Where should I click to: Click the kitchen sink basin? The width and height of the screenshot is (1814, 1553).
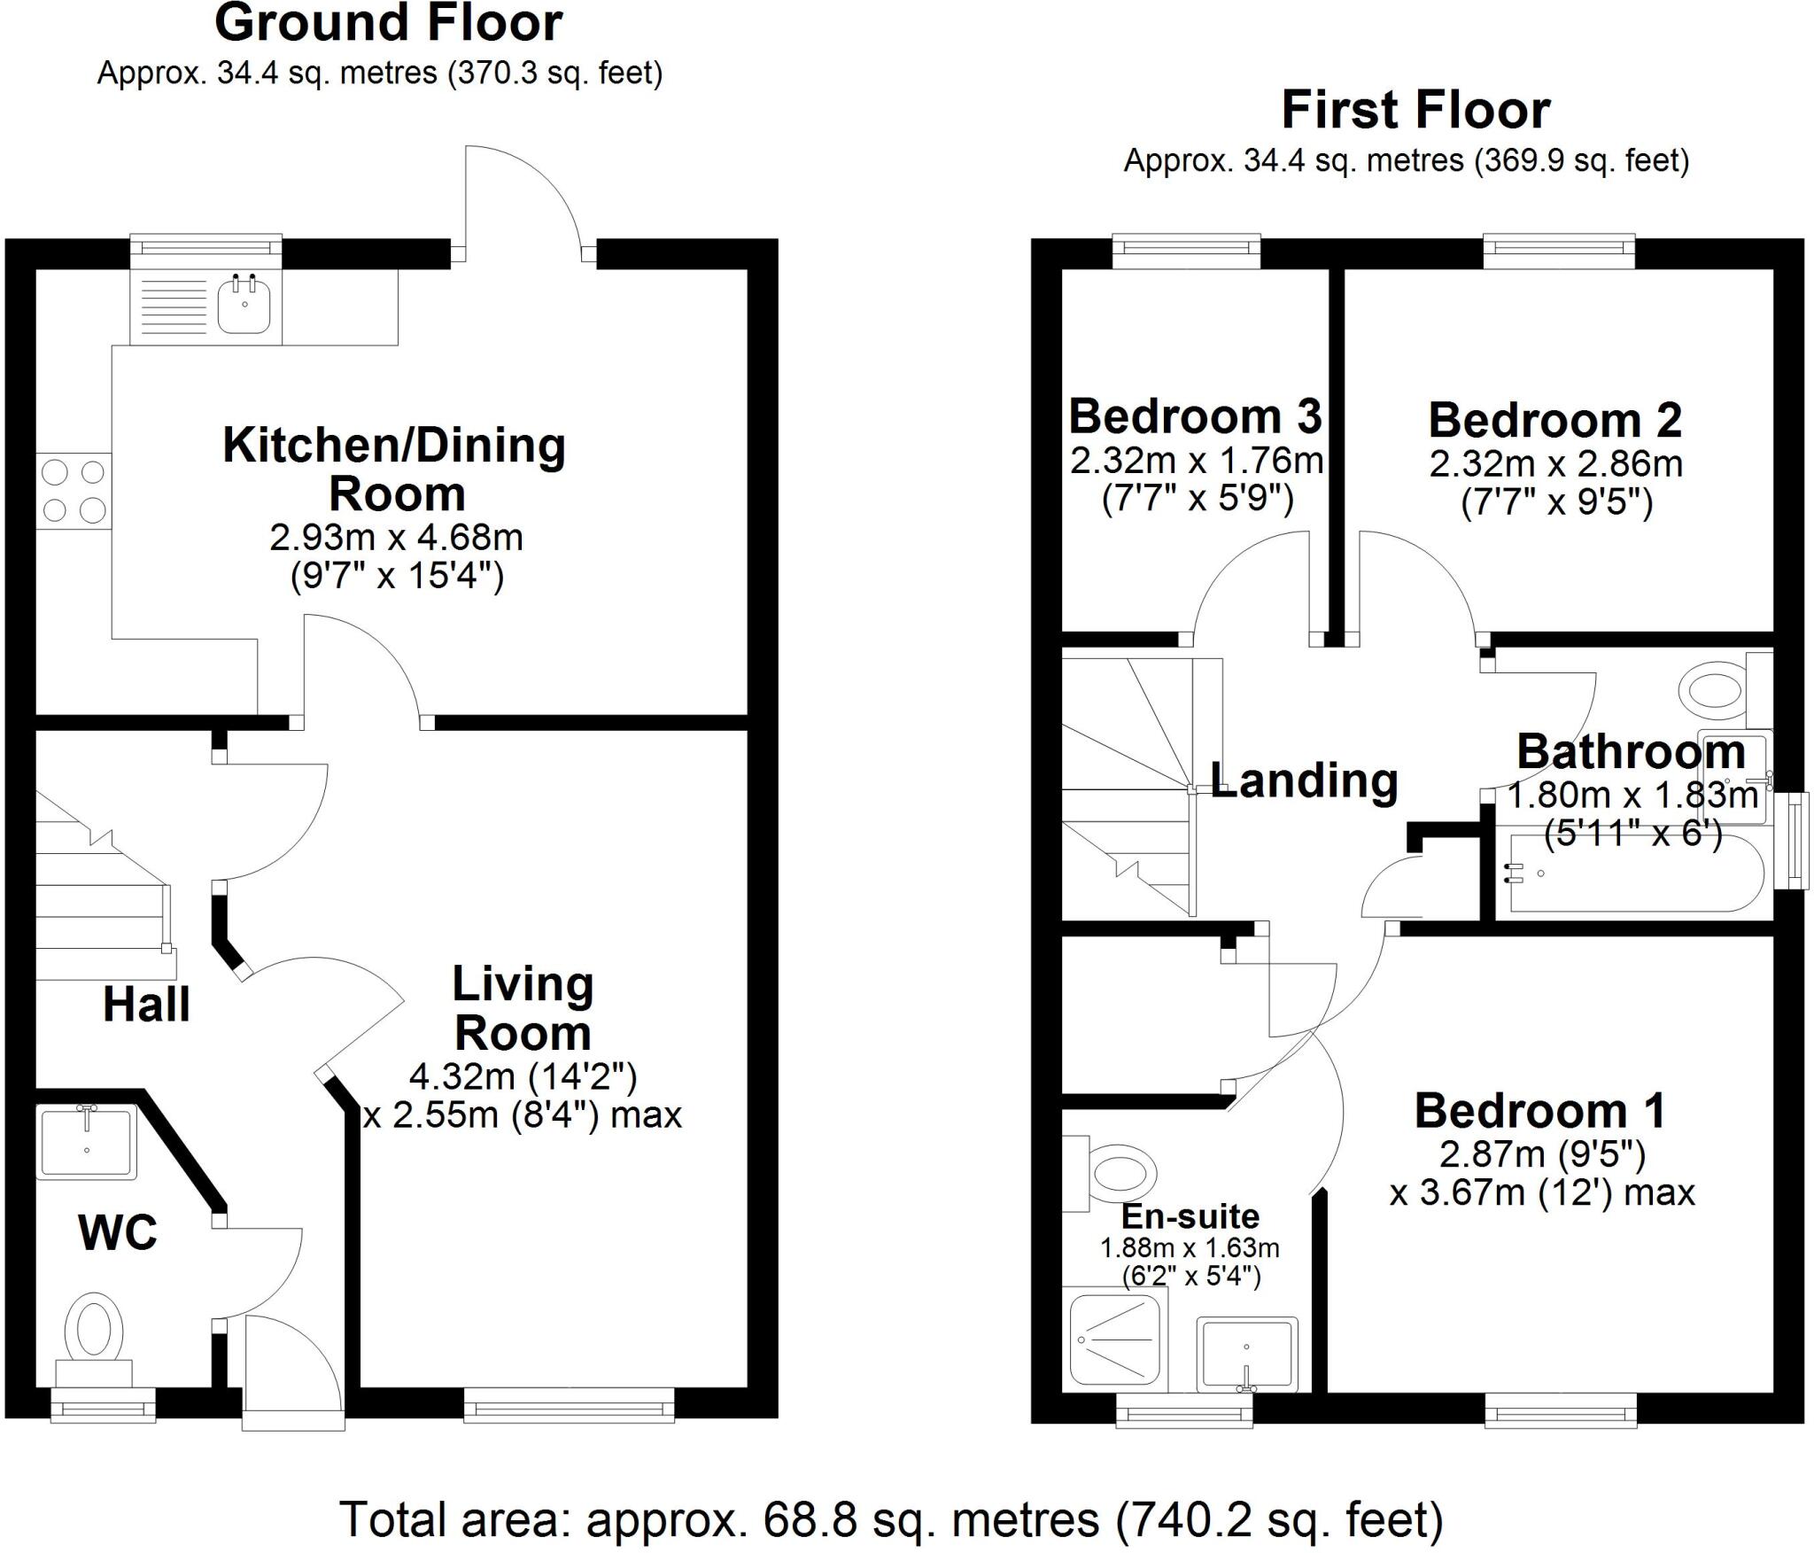(244, 304)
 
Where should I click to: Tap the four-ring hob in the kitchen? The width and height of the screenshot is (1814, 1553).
(74, 491)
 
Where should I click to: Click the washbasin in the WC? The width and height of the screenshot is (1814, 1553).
(87, 1142)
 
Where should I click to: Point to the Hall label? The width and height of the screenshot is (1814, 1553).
(146, 1005)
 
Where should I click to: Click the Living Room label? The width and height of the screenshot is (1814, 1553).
(523, 1008)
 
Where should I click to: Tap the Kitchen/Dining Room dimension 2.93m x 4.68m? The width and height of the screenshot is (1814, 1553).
(396, 537)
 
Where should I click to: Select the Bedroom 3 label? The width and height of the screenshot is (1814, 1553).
(1195, 415)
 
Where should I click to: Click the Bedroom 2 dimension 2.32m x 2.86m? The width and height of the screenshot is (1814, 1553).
(1555, 463)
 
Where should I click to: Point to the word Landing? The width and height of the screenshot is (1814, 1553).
(1304, 780)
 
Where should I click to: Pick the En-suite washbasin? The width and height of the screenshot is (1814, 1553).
(1246, 1355)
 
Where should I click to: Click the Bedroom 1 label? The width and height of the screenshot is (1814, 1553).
(1539, 1110)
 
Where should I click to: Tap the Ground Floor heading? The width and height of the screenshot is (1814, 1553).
(389, 24)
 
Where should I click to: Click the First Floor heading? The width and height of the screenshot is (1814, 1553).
(1415, 111)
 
